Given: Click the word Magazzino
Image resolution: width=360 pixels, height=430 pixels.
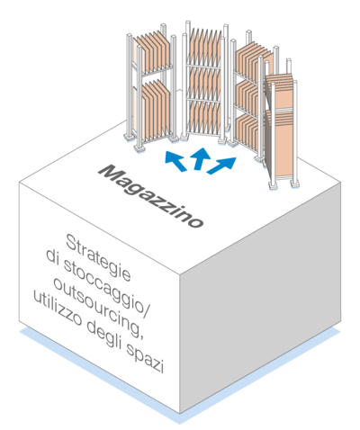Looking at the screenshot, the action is [x=151, y=196].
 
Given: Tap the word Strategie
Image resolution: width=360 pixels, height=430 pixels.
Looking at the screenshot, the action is [x=98, y=257].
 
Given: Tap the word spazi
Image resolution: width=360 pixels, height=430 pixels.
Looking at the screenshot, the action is [x=145, y=356].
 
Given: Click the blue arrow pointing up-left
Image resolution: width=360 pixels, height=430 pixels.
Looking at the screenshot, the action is [x=175, y=161].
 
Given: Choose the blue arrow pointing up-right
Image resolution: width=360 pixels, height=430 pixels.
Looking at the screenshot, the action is [x=221, y=166].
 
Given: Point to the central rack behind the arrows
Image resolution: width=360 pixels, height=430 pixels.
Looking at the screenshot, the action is [x=203, y=83].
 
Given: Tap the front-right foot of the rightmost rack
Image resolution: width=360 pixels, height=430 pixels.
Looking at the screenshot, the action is [x=294, y=183].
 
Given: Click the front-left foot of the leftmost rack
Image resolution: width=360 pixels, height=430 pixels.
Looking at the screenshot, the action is [x=139, y=148].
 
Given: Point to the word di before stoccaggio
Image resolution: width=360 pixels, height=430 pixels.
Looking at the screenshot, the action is [x=52, y=258].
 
